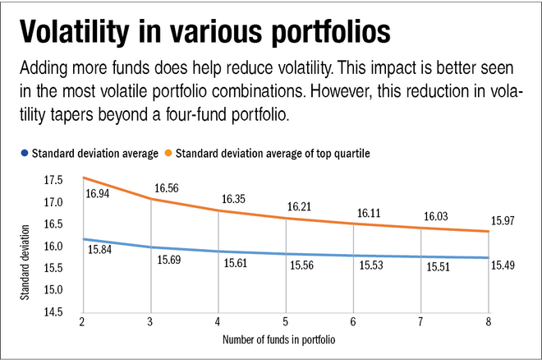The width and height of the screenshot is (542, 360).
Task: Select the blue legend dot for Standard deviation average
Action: [26, 153]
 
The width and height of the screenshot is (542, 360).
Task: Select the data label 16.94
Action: [99, 196]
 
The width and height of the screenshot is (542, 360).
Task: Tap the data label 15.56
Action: [302, 266]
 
